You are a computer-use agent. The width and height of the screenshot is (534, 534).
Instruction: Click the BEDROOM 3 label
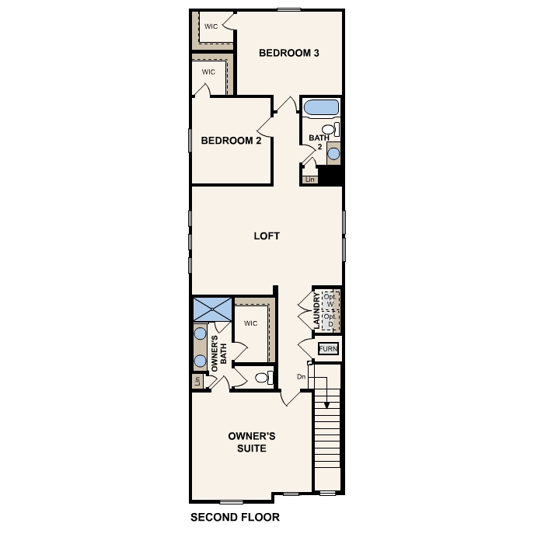289,54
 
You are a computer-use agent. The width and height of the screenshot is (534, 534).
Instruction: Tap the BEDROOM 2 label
231,141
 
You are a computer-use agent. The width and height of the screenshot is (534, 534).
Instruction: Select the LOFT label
267,236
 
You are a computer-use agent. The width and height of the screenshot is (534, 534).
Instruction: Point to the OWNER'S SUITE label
251,442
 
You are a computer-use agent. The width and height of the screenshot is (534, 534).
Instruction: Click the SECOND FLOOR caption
234,517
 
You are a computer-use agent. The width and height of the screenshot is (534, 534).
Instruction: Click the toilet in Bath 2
330,130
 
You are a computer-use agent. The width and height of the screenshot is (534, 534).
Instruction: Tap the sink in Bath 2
333,153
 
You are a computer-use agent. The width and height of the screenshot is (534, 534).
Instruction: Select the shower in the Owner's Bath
212,309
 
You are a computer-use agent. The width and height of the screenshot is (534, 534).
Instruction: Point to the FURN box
329,349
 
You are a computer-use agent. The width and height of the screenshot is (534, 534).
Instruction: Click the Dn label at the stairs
302,377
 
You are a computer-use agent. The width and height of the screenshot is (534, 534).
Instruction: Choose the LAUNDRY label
316,309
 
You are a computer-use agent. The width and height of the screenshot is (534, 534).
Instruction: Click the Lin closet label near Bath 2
310,180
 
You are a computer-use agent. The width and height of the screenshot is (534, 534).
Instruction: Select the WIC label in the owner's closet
250,323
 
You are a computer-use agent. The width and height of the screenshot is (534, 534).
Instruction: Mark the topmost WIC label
211,26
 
